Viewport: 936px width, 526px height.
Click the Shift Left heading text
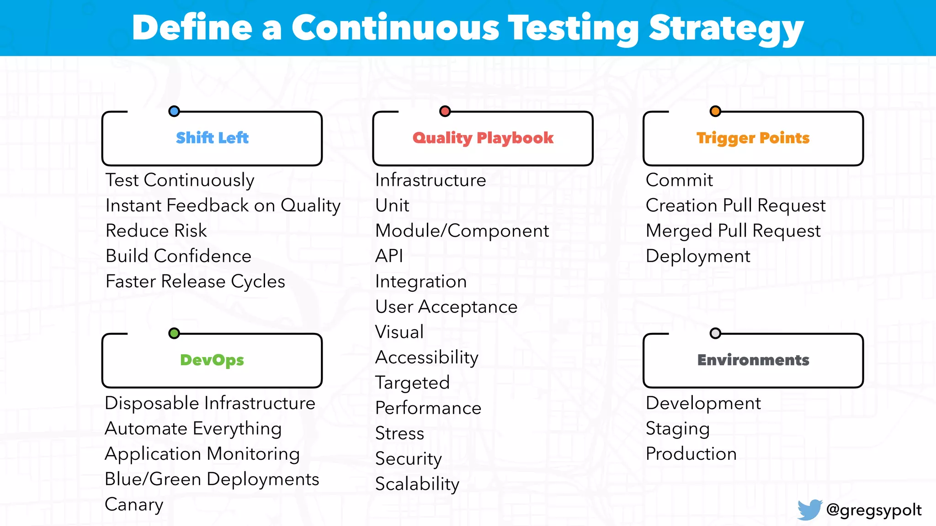pyautogui.click(x=212, y=138)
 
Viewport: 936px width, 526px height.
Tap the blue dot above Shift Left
pyautogui.click(x=174, y=111)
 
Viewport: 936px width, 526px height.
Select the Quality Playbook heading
pyautogui.click(x=483, y=138)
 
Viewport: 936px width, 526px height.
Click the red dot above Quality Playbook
pyautogui.click(x=445, y=111)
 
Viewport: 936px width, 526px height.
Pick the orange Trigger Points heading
pyautogui.click(x=753, y=138)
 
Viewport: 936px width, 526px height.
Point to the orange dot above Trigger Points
pyautogui.click(x=715, y=111)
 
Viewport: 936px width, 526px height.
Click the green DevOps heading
pyautogui.click(x=212, y=360)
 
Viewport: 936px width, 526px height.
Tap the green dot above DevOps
pyautogui.click(x=174, y=333)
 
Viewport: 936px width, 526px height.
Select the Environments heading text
pyautogui.click(x=753, y=360)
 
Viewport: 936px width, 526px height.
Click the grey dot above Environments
pyautogui.click(x=715, y=333)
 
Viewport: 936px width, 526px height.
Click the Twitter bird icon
pyautogui.click(x=809, y=510)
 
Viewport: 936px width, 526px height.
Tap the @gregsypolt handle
pyautogui.click(x=874, y=510)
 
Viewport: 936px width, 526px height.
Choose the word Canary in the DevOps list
pyautogui.click(x=134, y=505)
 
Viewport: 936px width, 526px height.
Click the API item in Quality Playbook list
pyautogui.click(x=389, y=256)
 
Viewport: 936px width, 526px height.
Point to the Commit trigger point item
pyautogui.click(x=679, y=180)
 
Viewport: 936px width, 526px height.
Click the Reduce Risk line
pyautogui.click(x=156, y=231)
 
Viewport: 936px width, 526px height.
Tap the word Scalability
pyautogui.click(x=417, y=484)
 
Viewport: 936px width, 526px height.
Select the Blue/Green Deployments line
pyautogui.click(x=212, y=479)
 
